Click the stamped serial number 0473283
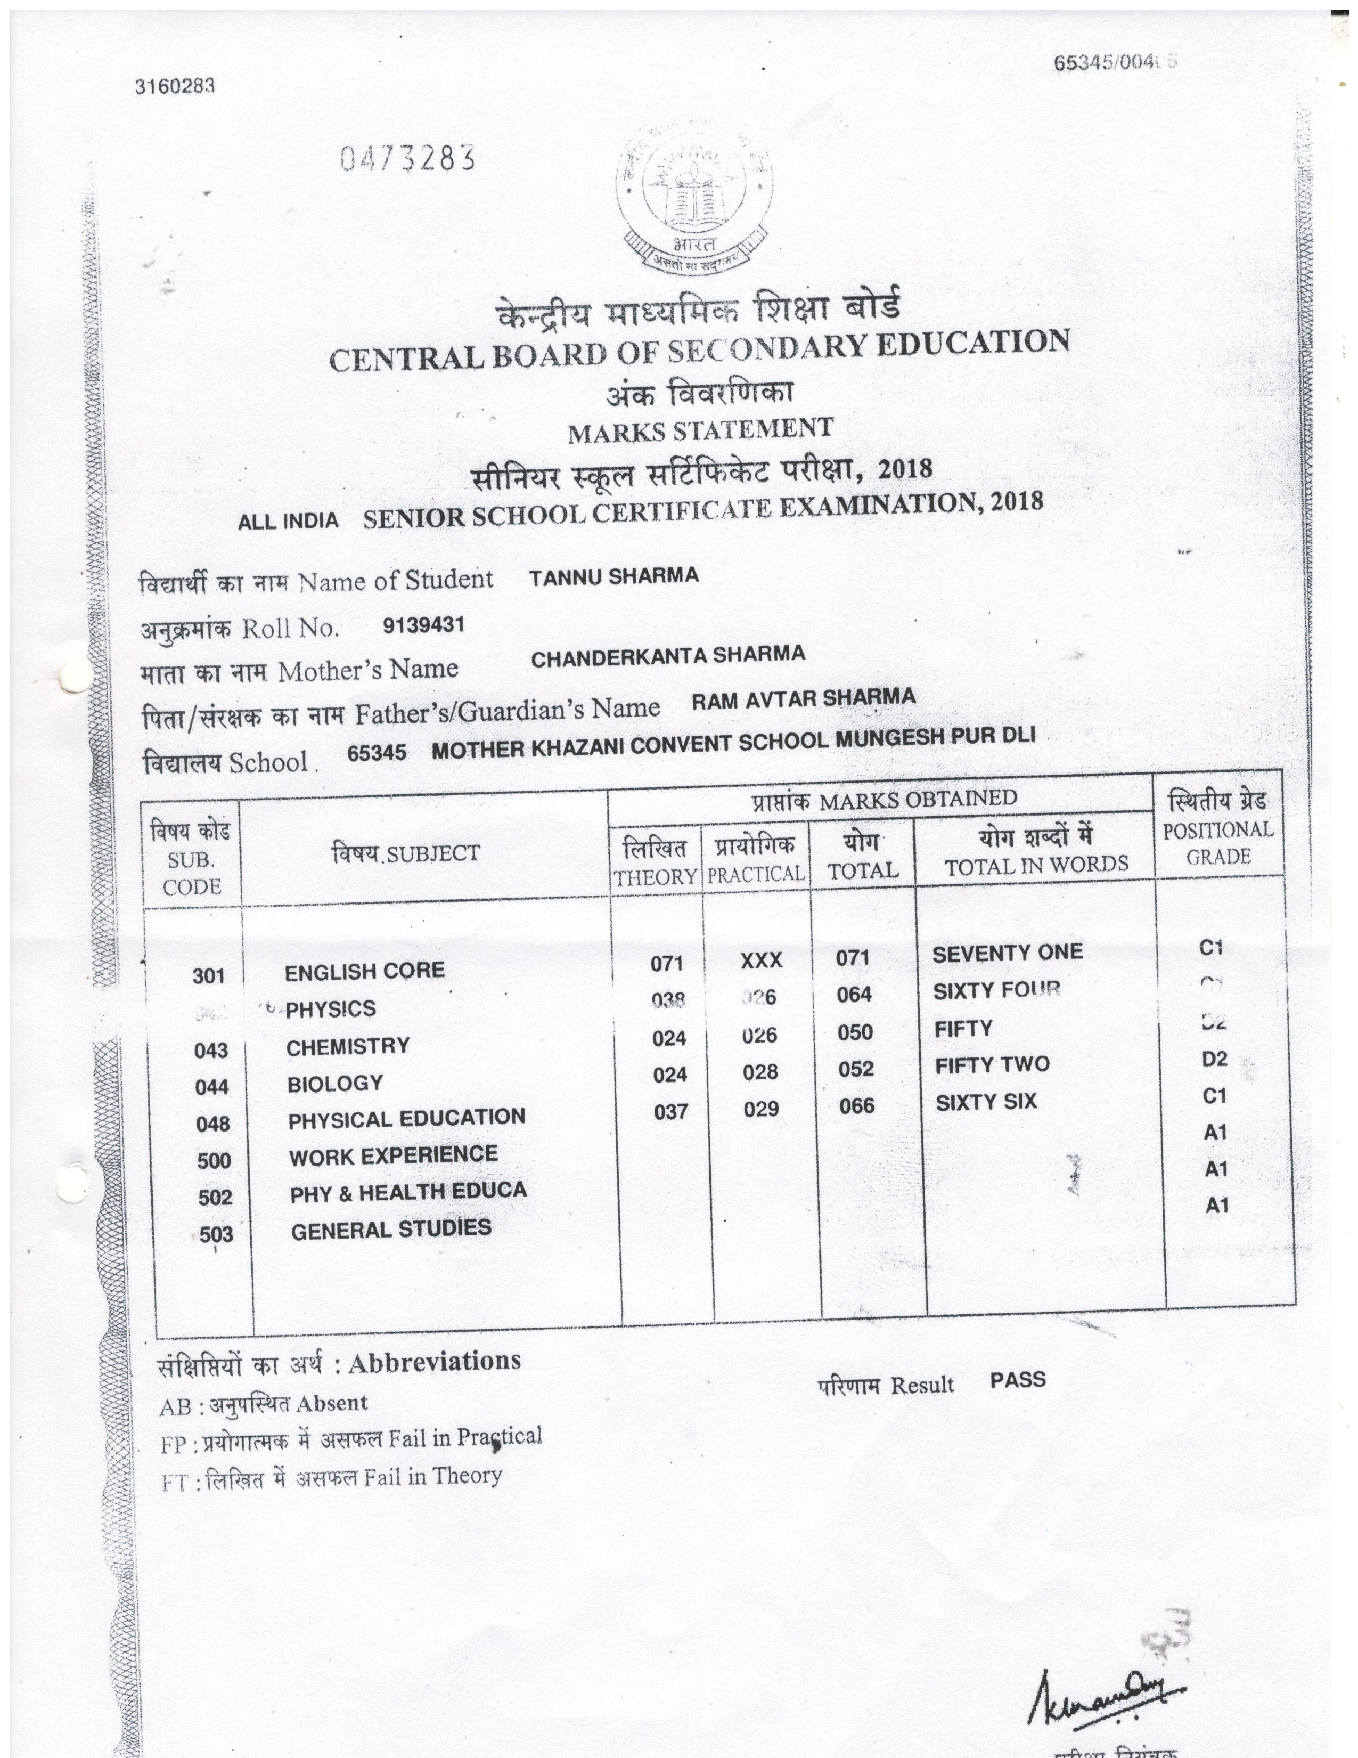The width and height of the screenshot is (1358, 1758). click(x=407, y=159)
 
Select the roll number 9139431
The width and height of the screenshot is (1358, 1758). click(x=424, y=625)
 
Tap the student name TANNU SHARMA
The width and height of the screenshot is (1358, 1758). click(x=614, y=576)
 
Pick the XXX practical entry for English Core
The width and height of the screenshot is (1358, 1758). click(x=761, y=961)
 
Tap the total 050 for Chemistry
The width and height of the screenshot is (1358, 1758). click(x=855, y=1033)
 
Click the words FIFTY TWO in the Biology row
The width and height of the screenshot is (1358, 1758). click(x=992, y=1065)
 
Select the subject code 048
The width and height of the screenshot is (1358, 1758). click(x=213, y=1124)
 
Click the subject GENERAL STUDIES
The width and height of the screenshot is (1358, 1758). click(x=391, y=1229)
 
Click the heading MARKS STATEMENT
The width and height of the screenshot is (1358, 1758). click(x=700, y=430)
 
